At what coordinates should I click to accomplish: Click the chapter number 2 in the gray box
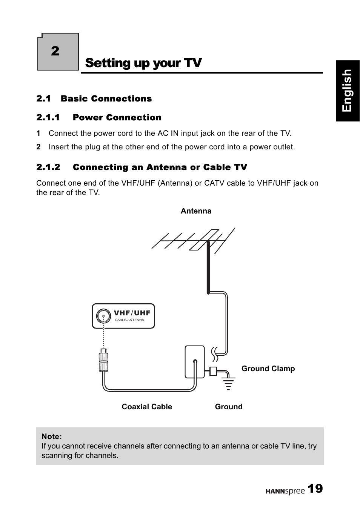[55, 51]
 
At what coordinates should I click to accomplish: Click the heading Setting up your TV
[143, 63]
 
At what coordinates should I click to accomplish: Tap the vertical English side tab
[347, 91]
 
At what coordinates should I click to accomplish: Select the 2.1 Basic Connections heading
[94, 98]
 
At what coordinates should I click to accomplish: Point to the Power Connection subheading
[117, 117]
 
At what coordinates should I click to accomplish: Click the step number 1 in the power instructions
[38, 133]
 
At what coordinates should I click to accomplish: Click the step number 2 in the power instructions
[38, 147]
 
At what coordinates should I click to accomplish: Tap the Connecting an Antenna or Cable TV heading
[160, 167]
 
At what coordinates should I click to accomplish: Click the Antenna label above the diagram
[196, 211]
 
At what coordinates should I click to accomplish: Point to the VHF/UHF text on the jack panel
[132, 313]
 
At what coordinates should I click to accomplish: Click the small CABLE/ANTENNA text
[129, 320]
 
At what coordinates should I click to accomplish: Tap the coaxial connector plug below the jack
[103, 360]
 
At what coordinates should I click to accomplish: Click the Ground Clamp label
[268, 369]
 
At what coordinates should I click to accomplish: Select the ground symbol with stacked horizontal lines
[228, 383]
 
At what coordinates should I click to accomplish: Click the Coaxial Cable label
[147, 407]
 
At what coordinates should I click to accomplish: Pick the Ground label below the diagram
[229, 407]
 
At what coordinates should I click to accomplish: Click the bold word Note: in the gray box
[52, 436]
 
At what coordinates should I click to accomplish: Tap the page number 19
[315, 489]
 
